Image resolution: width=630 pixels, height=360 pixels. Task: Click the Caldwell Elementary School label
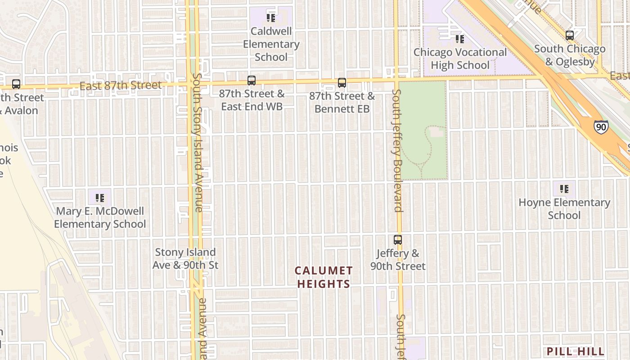coord(271,44)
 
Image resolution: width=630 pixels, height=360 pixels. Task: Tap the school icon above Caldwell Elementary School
coord(271,18)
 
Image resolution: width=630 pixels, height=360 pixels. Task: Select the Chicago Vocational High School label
coord(460,58)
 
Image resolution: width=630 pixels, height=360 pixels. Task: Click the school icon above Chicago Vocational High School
coord(459,39)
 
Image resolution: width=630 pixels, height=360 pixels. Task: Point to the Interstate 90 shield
coord(601,127)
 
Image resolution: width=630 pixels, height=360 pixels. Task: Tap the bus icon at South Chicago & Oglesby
coord(570,36)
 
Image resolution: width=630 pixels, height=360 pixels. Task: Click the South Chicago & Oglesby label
coord(570,55)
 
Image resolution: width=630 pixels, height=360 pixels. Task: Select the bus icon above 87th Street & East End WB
coord(252,81)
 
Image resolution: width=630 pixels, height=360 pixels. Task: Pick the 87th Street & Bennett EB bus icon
coord(342,83)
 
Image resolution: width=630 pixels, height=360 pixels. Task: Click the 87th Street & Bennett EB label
coord(342,103)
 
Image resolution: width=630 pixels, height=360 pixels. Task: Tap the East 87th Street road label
coord(120,85)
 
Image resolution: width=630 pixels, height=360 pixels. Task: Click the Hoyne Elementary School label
coord(564,209)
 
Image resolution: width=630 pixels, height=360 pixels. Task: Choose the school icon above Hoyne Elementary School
coord(564,189)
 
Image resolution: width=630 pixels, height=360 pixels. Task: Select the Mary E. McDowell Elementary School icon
coord(100,198)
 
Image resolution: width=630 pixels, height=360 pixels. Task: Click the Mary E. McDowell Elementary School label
coord(100,217)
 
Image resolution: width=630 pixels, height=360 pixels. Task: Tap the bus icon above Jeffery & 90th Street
coord(398,240)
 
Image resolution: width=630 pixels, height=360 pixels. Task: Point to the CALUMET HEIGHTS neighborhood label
coord(324,277)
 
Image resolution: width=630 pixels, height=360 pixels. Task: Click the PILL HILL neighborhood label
coord(576,351)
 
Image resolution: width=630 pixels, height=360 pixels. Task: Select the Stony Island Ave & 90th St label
coord(185,259)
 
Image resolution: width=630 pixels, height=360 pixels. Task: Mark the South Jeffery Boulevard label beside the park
coord(396,150)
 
